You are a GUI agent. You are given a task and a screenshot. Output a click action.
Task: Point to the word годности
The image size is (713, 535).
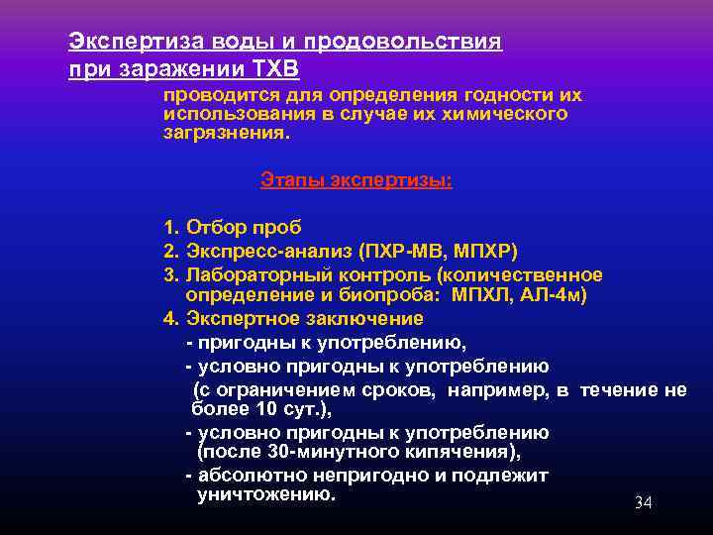click(494, 95)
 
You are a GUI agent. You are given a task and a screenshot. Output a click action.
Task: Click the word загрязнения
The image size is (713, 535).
click(226, 133)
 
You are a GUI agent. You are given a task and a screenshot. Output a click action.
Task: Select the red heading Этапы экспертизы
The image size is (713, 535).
click(356, 179)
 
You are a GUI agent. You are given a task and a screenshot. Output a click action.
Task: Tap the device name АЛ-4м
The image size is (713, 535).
click(558, 296)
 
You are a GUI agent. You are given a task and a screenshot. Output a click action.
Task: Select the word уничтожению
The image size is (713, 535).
click(266, 493)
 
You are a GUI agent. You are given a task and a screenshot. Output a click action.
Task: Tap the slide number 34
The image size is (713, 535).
click(643, 503)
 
